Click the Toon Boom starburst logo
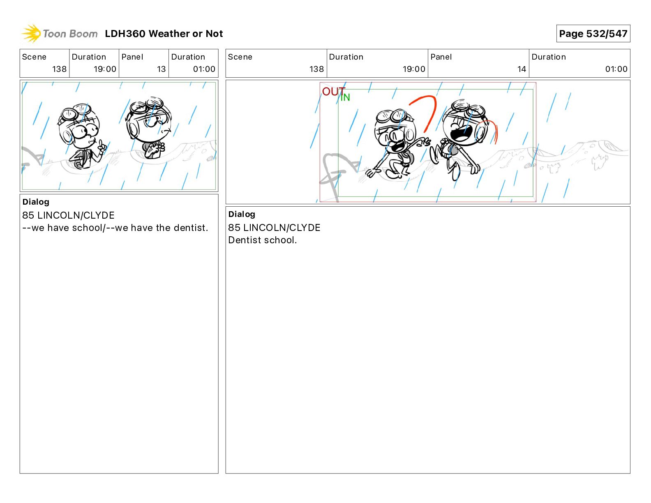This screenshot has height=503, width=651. click(x=31, y=33)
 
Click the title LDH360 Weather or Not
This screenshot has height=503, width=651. click(x=164, y=34)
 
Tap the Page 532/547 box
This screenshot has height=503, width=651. click(x=593, y=34)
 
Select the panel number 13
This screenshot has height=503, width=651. click(x=161, y=69)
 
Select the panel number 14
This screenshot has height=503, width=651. click(x=522, y=69)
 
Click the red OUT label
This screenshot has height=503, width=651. click(x=333, y=91)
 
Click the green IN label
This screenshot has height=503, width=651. click(x=345, y=97)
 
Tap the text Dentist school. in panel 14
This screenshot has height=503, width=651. click(x=262, y=240)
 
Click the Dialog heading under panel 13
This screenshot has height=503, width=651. click(x=36, y=202)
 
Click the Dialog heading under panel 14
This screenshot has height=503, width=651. click(x=242, y=214)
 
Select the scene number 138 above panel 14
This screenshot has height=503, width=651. click(x=316, y=69)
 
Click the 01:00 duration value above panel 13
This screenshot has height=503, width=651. click(x=204, y=69)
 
